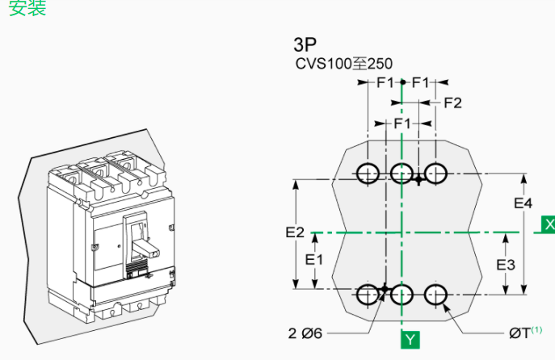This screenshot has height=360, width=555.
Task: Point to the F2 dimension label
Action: click(452, 103)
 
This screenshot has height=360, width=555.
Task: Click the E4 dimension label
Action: click(523, 203)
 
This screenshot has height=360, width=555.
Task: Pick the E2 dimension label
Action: click(295, 232)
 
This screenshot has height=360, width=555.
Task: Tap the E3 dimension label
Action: click(506, 264)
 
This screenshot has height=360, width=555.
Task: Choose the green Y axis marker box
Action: click(410, 339)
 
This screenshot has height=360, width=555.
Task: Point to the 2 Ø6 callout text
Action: click(305, 333)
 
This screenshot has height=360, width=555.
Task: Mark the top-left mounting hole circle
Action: click(368, 173)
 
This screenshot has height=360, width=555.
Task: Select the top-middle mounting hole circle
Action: click(402, 173)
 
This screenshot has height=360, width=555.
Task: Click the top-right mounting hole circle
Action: click(436, 173)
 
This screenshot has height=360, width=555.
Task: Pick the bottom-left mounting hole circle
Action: click(368, 295)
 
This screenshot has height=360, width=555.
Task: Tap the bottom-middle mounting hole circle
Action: click(402, 295)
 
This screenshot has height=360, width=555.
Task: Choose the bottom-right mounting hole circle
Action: click(436, 295)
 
